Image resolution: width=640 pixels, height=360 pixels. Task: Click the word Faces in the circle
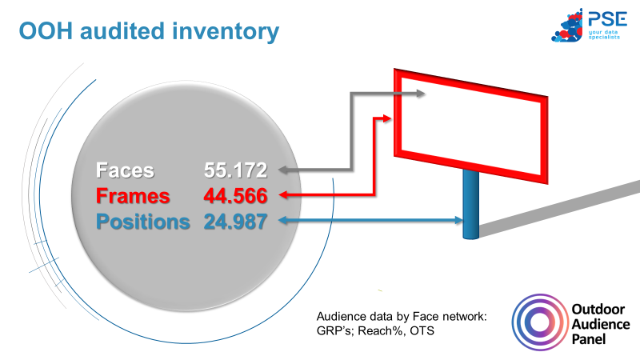point(125,170)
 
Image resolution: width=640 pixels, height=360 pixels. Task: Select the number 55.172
point(235,170)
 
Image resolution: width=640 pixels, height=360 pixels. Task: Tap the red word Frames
point(133,196)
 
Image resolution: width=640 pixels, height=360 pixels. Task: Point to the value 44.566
point(235,196)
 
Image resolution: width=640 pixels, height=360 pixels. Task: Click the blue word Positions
point(143,222)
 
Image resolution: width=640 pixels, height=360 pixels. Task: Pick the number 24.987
point(235,222)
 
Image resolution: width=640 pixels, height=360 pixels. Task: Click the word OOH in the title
point(46,31)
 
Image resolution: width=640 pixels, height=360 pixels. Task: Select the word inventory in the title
point(226,32)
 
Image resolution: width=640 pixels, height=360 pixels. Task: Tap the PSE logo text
point(607,18)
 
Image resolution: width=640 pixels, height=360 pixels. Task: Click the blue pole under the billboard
point(470,204)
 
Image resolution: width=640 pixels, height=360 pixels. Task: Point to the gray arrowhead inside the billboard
point(421,94)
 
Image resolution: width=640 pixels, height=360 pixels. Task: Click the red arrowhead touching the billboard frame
point(387,118)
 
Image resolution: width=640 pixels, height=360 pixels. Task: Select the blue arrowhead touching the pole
point(458,221)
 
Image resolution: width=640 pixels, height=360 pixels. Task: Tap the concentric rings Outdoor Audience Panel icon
point(539,322)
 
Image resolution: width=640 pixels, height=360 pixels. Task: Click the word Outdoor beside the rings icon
point(598,310)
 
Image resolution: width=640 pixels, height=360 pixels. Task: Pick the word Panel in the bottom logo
point(589,338)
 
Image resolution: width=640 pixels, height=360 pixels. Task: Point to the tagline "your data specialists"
point(604,34)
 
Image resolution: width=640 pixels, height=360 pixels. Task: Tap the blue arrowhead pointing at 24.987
point(283,221)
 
